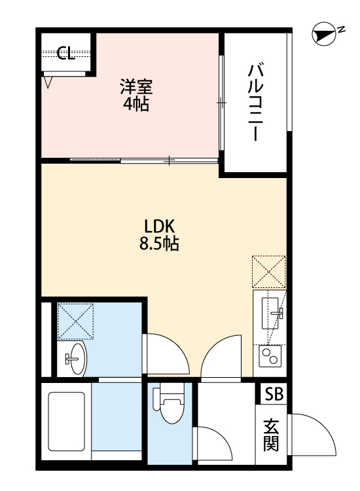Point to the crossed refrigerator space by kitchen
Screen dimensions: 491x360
pyautogui.click(x=269, y=272)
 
